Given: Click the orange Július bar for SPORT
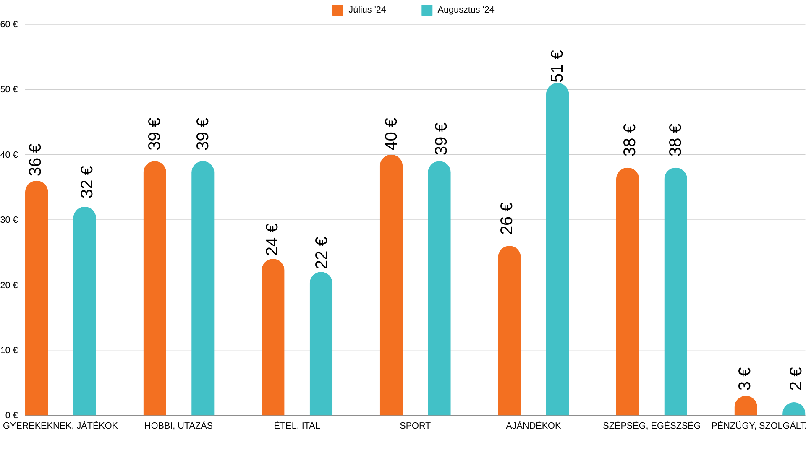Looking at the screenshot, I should tap(391, 285).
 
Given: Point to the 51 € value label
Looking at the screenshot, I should tap(557, 66).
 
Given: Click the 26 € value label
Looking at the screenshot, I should tap(507, 219).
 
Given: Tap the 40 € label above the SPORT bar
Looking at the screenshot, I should tap(391, 134).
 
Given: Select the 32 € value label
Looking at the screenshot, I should tap(86, 182).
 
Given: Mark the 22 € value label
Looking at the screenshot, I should tap(321, 253).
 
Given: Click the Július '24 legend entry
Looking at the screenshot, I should tap(359, 10).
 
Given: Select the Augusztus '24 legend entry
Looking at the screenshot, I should tap(458, 10).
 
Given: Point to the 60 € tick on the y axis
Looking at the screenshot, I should tap(9, 24).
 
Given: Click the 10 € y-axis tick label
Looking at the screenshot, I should tap(9, 350).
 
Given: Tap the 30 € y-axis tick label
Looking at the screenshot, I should tap(9, 220).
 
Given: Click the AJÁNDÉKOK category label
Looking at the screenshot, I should tap(533, 426).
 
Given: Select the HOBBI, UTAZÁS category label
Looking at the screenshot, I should tap(178, 426).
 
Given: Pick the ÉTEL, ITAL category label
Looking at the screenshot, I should tap(297, 426).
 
